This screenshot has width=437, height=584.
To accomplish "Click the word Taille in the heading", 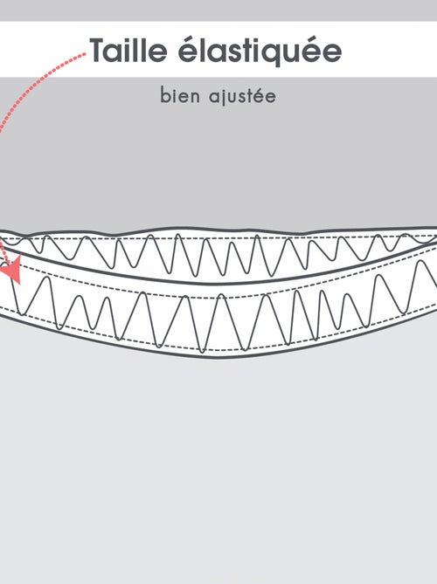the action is [128, 50].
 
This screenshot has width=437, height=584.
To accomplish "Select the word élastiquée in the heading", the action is [260, 52].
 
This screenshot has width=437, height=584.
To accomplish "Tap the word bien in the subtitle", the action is [180, 95].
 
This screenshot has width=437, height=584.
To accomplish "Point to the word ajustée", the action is [242, 96].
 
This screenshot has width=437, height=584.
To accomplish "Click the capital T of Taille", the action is [101, 50].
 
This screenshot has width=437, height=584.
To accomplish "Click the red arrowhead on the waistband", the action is [12, 266].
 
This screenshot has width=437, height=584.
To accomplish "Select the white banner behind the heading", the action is [218, 49].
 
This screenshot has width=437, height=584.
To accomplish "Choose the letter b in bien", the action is [164, 95].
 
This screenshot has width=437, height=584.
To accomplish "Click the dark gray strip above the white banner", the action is [218, 10].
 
